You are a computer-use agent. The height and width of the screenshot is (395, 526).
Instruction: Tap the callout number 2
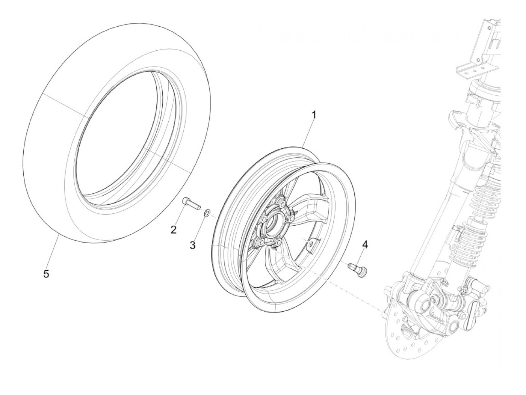pyautogui.click(x=173, y=230)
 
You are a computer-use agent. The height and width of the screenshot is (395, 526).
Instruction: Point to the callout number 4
pyautogui.click(x=364, y=244)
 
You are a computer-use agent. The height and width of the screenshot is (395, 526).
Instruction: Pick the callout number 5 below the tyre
pyautogui.click(x=46, y=274)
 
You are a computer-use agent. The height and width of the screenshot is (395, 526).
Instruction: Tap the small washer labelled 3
pyautogui.click(x=207, y=214)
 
